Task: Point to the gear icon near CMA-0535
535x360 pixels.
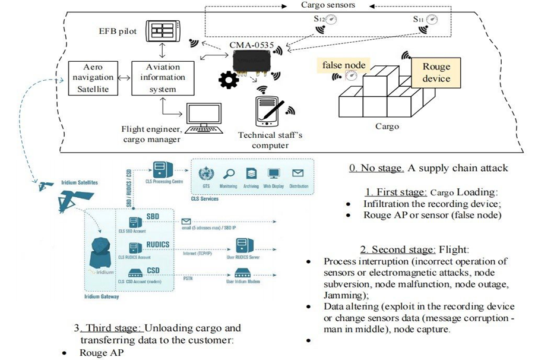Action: (x=229, y=81)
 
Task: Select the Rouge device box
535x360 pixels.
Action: (x=436, y=72)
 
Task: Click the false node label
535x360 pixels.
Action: (x=344, y=64)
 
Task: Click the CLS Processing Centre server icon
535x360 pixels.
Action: (x=159, y=171)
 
